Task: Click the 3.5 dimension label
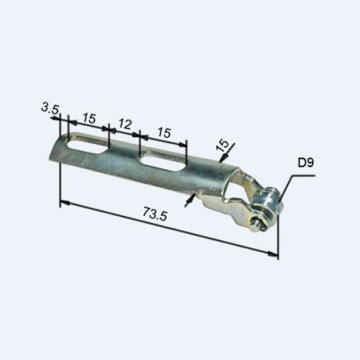pyautogui.click(x=50, y=108)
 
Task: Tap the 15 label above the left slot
pyautogui.click(x=89, y=119)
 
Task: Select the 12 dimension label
pyautogui.click(x=124, y=124)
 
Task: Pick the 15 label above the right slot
pyautogui.click(x=164, y=132)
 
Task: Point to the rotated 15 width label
pyautogui.click(x=222, y=146)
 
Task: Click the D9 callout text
pyautogui.click(x=306, y=163)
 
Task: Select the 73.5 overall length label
pyautogui.click(x=155, y=214)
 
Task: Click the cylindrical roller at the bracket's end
pyautogui.click(x=266, y=203)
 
